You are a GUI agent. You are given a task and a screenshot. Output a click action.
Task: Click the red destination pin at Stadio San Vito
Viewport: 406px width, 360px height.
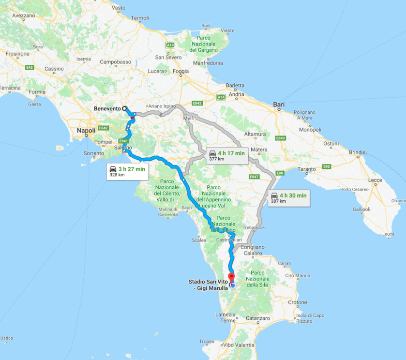(231, 278)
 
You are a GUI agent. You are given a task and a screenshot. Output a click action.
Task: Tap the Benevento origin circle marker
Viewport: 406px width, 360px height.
(124, 109)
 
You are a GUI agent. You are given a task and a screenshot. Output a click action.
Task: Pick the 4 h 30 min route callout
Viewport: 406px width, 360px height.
(288, 198)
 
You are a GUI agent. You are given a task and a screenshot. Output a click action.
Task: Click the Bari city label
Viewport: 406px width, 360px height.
(279, 104)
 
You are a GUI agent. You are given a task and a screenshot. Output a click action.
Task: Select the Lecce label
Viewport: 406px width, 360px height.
(375, 180)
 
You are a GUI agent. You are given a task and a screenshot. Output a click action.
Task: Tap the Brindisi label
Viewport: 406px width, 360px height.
(358, 152)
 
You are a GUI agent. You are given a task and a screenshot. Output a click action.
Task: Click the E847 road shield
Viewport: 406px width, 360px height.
(255, 177)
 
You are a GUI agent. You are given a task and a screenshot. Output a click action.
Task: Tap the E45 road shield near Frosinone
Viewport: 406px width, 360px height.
(30, 67)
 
